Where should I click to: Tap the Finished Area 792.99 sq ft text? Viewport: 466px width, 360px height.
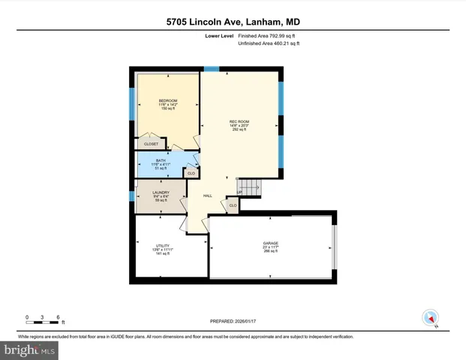click(268, 35)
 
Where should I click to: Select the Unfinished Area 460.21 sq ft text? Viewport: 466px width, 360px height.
click(268, 43)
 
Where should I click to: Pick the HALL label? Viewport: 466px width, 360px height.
click(207, 196)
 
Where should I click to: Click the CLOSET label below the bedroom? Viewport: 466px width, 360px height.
click(152, 143)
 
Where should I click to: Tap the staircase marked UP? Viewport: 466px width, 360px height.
click(248, 187)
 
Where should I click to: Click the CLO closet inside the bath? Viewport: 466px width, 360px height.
click(191, 173)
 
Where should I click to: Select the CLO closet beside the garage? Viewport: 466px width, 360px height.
click(233, 205)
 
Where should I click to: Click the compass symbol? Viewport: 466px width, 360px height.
click(430, 317)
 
